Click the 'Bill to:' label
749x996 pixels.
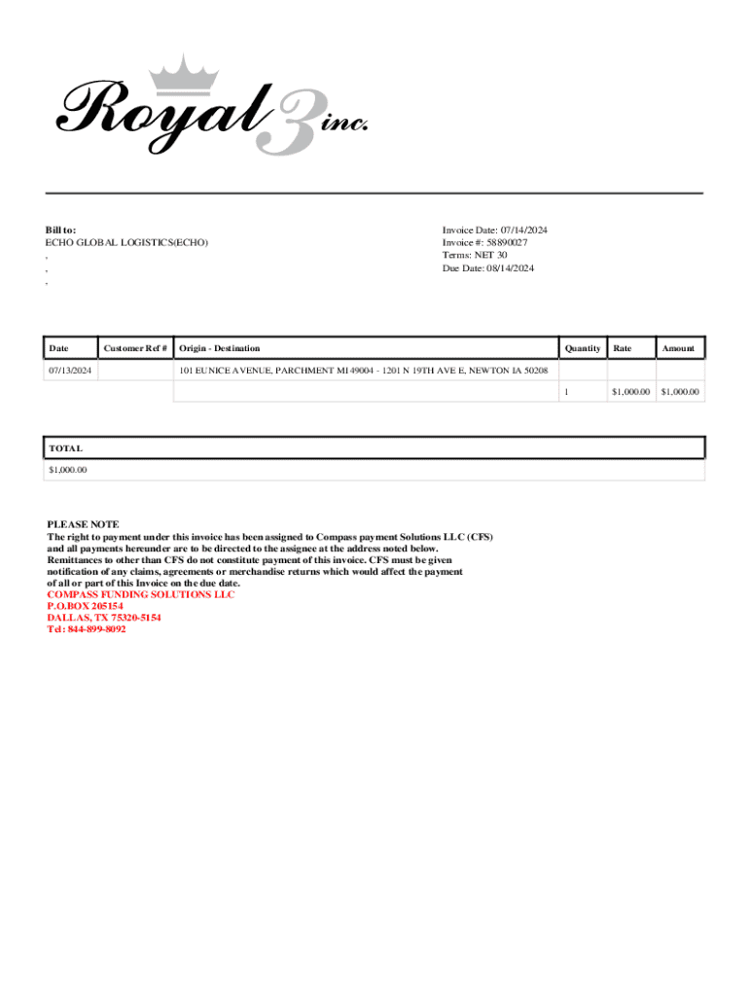61,230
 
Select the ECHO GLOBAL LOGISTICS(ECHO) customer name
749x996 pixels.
126,242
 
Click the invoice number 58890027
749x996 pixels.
507,242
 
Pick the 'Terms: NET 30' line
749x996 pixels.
475,255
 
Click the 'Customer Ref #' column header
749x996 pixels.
135,348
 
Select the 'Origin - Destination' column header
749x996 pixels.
220,348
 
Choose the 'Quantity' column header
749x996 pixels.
583,348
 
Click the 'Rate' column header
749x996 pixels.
623,348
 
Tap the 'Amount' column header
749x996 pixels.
678,348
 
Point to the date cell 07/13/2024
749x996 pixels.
71,371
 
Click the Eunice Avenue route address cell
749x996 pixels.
363,371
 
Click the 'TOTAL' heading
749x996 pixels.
66,448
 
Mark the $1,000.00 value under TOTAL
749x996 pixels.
68,470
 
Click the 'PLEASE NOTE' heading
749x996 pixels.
83,524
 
